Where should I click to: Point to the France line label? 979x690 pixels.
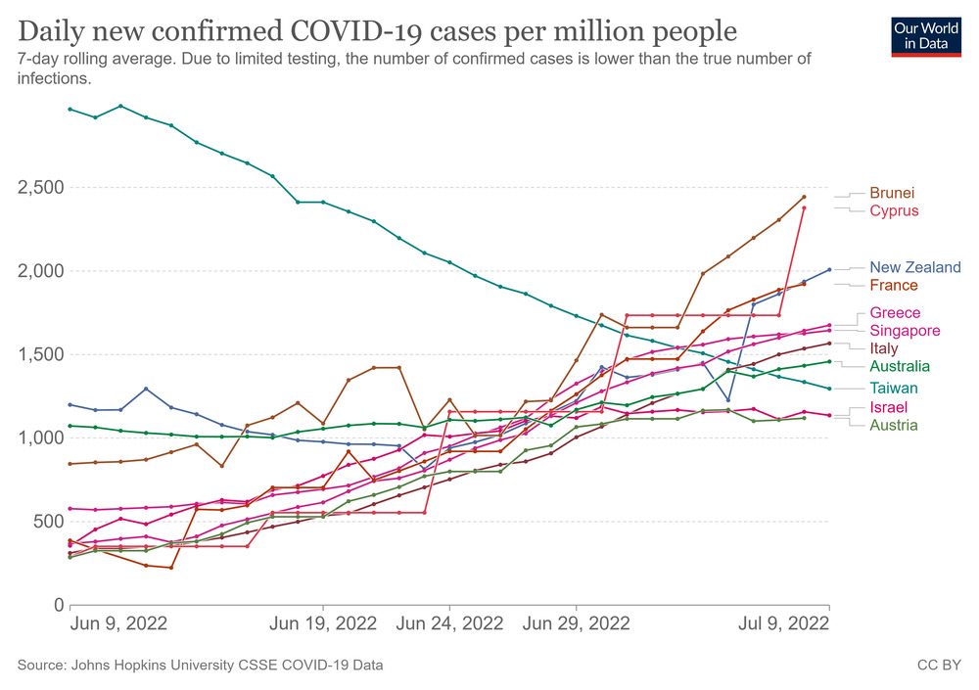pyautogui.click(x=893, y=286)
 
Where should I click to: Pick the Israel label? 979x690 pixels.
pyautogui.click(x=888, y=407)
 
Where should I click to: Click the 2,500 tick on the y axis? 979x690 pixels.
pyautogui.click(x=40, y=188)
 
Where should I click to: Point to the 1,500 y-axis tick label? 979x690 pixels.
pyautogui.click(x=40, y=354)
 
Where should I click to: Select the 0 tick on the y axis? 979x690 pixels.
pyautogui.click(x=58, y=605)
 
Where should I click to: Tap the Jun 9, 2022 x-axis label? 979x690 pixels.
pyautogui.click(x=118, y=623)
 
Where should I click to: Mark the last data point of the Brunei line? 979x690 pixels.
pyautogui.click(x=804, y=197)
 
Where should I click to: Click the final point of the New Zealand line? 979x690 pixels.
pyautogui.click(x=829, y=269)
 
